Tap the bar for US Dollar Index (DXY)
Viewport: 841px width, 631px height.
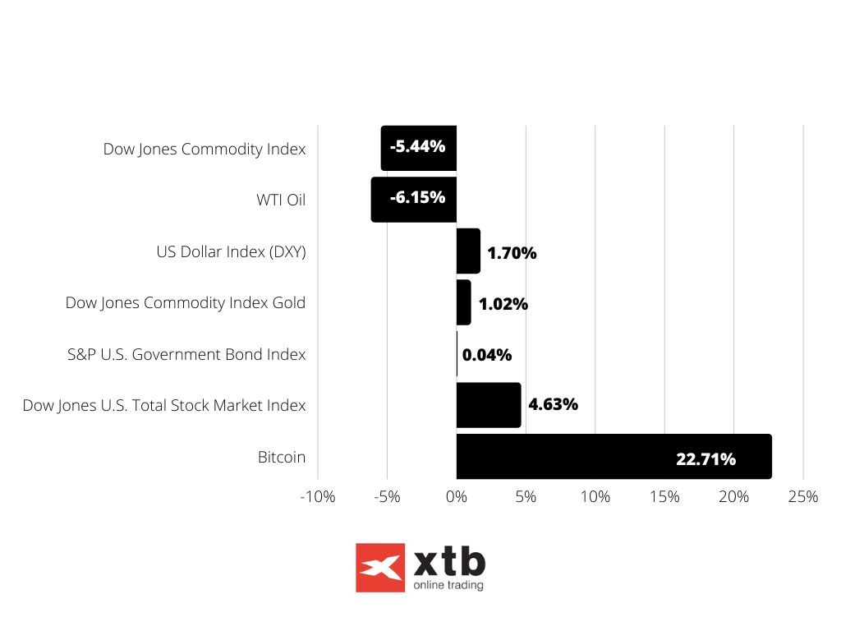click(x=468, y=251)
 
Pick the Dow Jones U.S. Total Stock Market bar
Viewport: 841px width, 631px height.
click(x=489, y=404)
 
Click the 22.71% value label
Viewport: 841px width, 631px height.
click(x=705, y=459)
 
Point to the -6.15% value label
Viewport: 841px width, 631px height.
click(x=417, y=197)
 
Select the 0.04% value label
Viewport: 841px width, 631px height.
click(x=487, y=355)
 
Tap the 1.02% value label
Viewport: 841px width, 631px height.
click(x=503, y=304)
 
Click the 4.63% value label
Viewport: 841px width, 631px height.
click(x=553, y=404)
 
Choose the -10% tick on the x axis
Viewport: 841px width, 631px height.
click(x=318, y=497)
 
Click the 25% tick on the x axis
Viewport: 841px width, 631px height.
click(x=802, y=497)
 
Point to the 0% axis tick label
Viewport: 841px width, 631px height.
click(x=457, y=497)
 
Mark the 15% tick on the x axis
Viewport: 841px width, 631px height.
click(x=664, y=497)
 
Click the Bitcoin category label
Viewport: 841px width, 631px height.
click(x=281, y=457)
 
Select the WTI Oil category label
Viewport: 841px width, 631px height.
click(x=280, y=200)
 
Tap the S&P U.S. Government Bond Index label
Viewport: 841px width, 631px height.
click(x=186, y=354)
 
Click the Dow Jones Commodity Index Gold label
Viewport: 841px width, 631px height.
click(x=186, y=302)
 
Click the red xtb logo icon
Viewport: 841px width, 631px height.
click(x=380, y=568)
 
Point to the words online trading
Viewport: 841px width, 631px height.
click(x=448, y=585)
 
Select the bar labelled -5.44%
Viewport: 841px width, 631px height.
click(x=418, y=148)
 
